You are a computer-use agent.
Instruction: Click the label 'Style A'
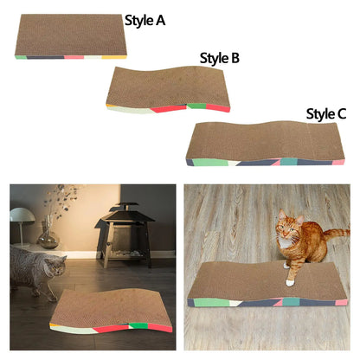click(x=145, y=21)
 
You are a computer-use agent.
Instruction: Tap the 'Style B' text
click(x=220, y=59)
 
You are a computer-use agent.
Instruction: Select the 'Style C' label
click(x=326, y=114)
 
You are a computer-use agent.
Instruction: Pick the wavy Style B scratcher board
click(x=169, y=87)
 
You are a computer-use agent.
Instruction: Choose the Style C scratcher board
click(x=265, y=139)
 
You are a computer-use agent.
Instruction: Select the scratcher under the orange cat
click(x=268, y=286)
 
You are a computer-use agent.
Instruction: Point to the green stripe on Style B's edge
click(x=197, y=106)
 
